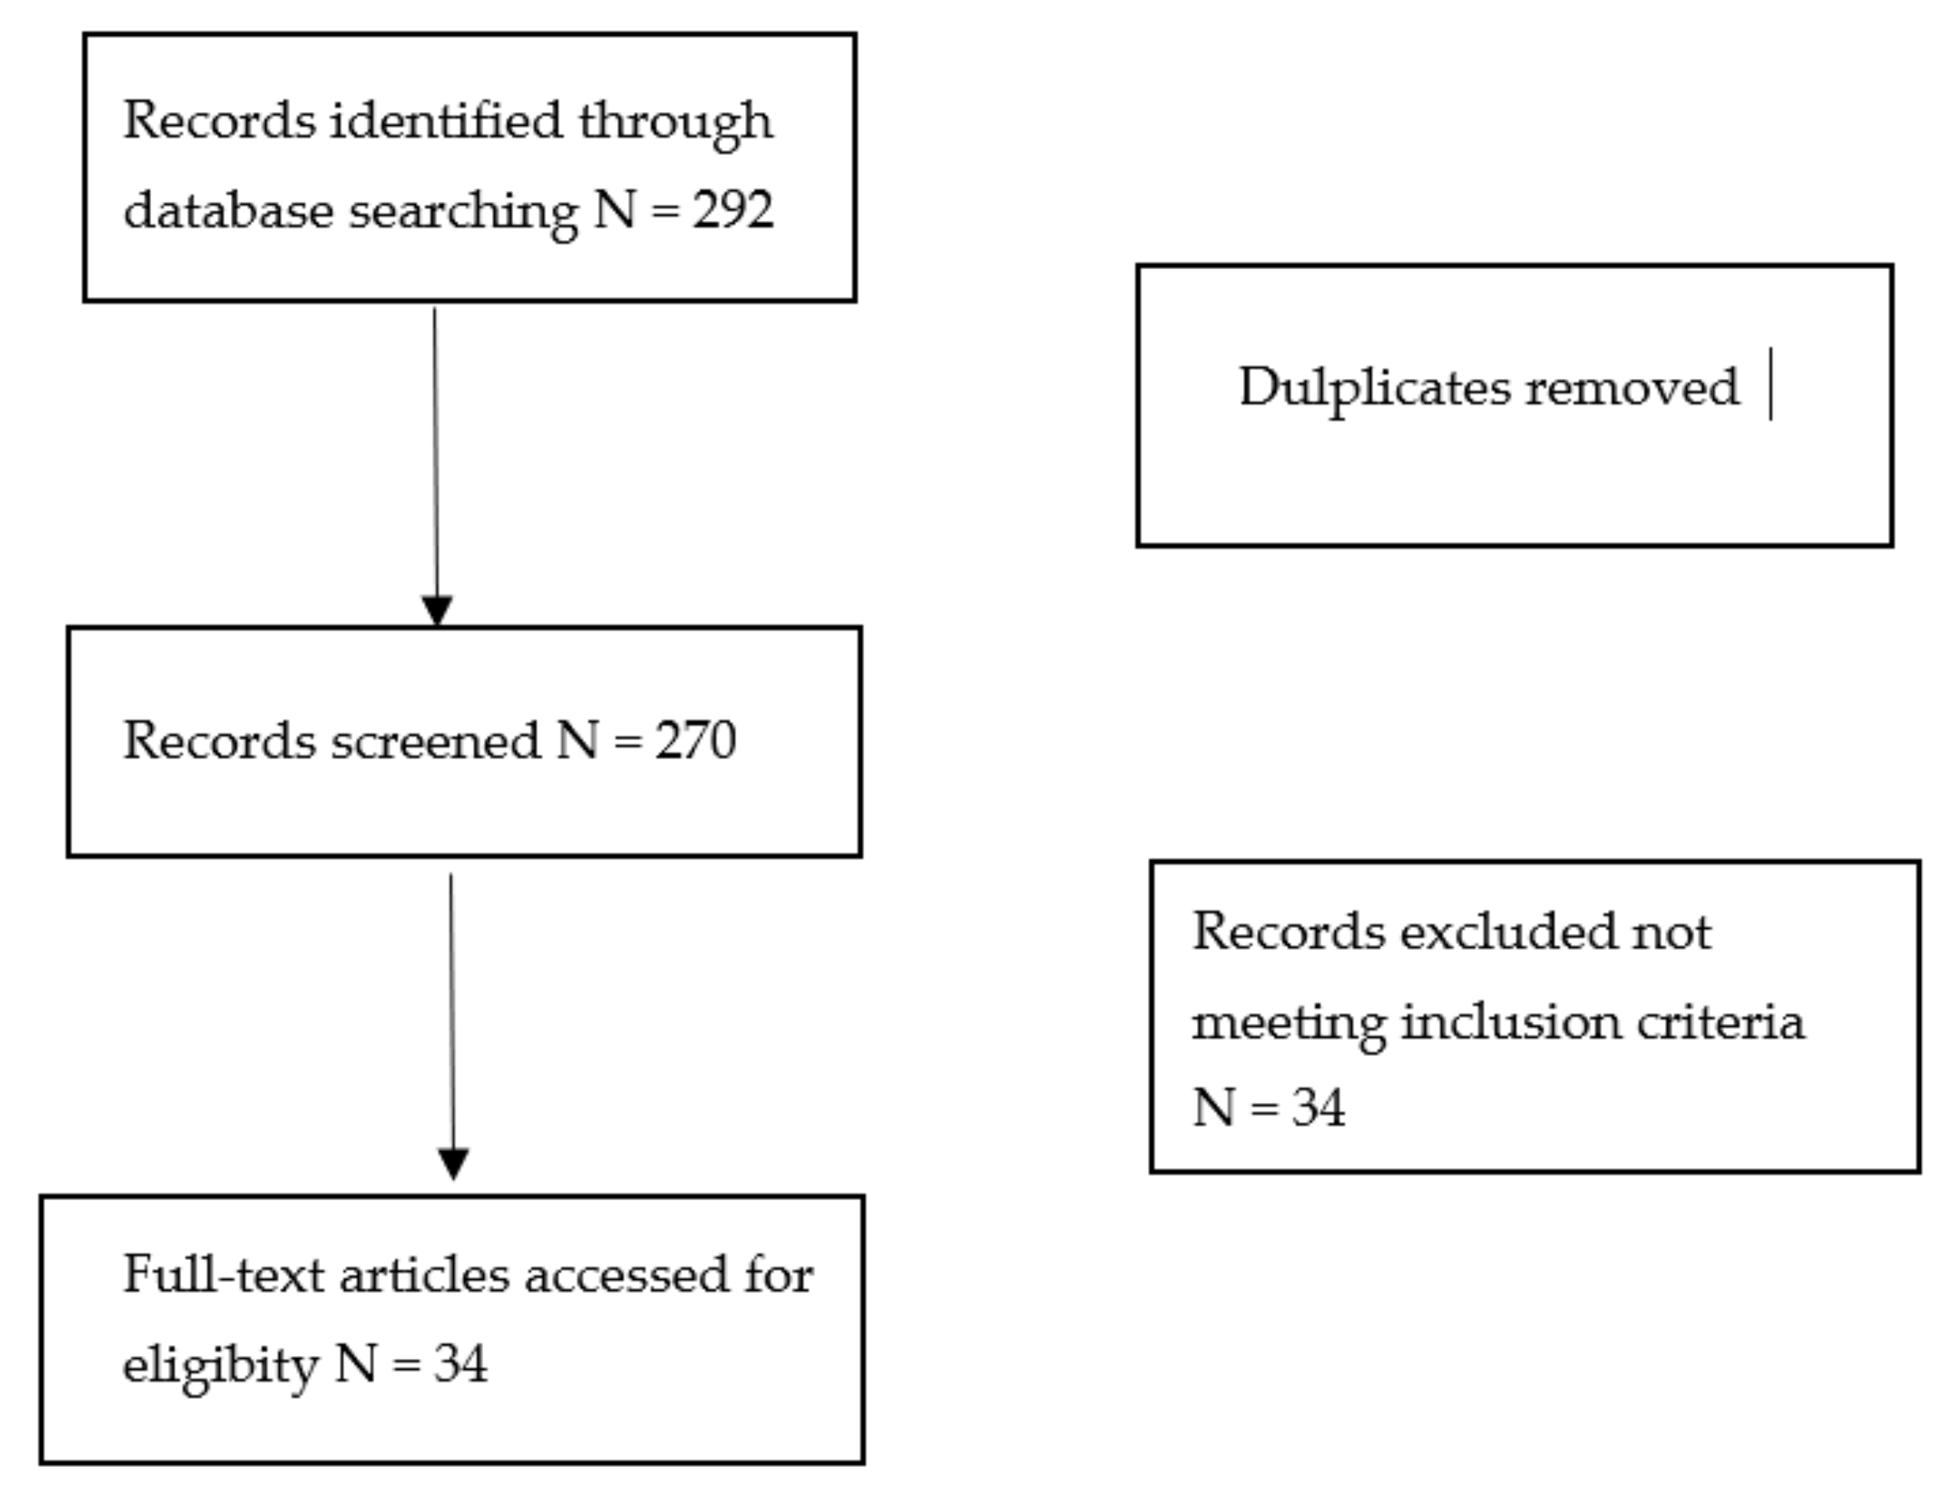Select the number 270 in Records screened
(x=695, y=741)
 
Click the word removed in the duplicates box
(x=1632, y=387)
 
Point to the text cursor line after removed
(x=1771, y=384)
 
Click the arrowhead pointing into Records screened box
(x=436, y=610)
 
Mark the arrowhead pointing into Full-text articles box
(x=452, y=1163)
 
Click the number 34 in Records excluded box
(x=1318, y=1107)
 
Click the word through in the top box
(x=675, y=122)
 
